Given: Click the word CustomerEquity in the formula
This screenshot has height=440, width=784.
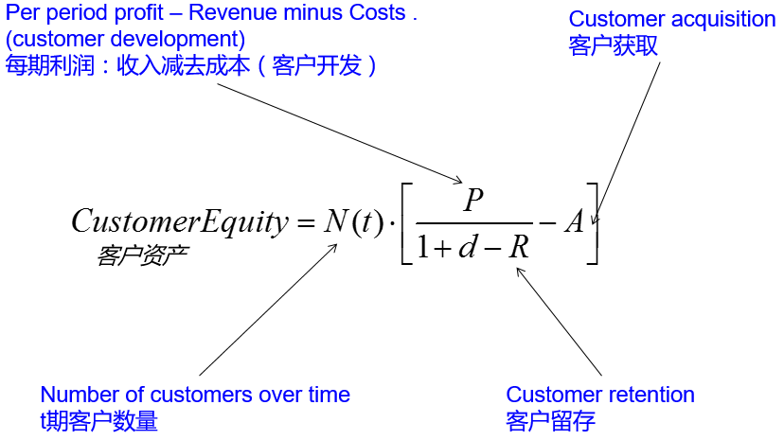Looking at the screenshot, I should (x=178, y=221).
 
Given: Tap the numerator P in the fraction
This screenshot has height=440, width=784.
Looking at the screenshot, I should (x=473, y=200).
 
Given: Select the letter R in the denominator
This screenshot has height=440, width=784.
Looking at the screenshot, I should (x=517, y=248).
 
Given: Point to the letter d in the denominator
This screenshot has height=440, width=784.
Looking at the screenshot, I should (x=468, y=248).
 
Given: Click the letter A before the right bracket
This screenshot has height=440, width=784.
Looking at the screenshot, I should (x=574, y=222).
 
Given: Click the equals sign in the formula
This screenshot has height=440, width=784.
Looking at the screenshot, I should (x=304, y=223).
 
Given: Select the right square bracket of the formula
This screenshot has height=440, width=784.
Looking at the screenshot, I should (x=592, y=223).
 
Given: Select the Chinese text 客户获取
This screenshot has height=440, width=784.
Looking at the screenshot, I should (x=613, y=46).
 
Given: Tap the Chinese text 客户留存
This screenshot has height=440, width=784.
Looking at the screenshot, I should (x=550, y=420).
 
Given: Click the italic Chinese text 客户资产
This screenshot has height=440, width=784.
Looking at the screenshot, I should (x=141, y=255).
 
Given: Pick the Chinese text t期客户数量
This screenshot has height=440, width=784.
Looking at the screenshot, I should (x=98, y=420).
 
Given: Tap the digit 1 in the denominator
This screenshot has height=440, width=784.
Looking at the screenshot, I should (x=424, y=249).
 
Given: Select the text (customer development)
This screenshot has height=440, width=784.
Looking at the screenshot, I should (x=125, y=41).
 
